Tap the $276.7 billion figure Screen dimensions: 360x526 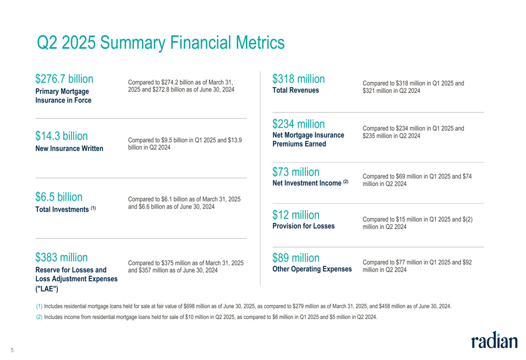(64, 79)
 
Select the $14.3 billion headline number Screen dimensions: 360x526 (62, 136)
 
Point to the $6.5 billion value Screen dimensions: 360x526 (59, 197)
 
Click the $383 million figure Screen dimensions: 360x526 (62, 258)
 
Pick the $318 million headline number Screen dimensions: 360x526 (298, 79)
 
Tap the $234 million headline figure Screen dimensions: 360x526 (298, 124)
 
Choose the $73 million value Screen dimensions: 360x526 (296, 172)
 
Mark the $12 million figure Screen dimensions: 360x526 (296, 215)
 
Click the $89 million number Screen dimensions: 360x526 (296, 258)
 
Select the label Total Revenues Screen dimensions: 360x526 (296, 90)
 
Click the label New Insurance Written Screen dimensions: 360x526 (69, 149)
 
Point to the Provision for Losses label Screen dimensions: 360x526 (304, 227)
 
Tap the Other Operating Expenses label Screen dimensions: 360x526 (312, 269)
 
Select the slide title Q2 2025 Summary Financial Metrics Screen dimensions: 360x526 (160, 43)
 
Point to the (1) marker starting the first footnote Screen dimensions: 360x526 (39, 306)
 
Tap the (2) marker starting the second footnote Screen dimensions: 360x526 (39, 316)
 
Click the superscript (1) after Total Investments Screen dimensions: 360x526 (93, 209)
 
